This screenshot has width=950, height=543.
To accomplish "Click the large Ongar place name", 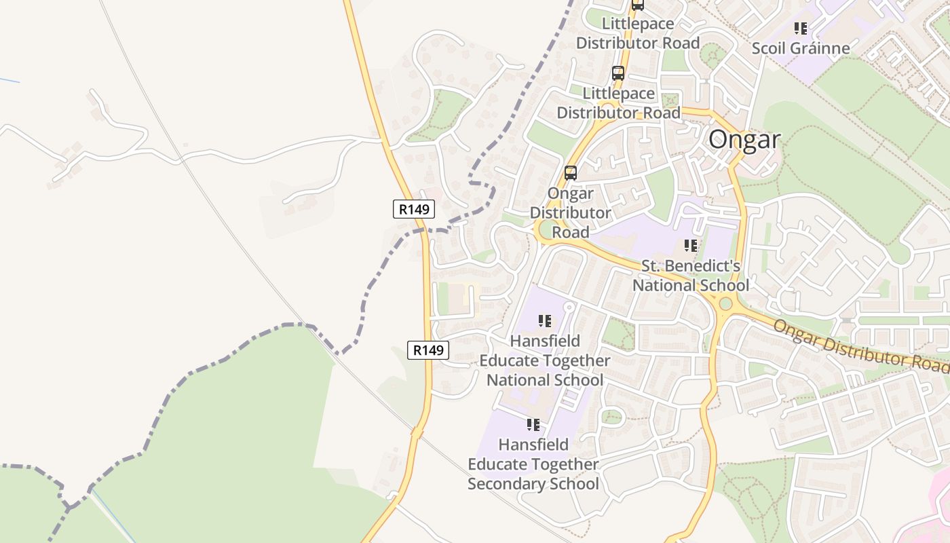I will coord(744,139).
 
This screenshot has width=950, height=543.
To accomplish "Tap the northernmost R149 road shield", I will coord(414,209).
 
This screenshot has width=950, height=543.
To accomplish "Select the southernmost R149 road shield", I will coord(428,350).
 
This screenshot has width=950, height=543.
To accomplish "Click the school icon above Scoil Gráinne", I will coord(801,29).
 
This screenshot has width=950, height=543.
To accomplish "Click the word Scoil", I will coord(767,48).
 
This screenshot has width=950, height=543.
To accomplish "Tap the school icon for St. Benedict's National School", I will coord(691,246).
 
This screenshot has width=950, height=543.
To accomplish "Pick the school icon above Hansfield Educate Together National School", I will coord(544,320).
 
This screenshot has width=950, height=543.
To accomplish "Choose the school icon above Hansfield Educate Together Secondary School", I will coord(533,425).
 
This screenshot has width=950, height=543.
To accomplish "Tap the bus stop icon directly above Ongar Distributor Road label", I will coord(571,172).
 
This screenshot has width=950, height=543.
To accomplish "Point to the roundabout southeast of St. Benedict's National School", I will coord(725,303).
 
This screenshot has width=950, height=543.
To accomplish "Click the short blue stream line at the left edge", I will coord(9,81).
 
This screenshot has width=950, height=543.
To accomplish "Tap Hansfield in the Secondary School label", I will coord(533,445).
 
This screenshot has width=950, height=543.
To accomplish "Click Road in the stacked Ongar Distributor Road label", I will coord(570,232).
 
